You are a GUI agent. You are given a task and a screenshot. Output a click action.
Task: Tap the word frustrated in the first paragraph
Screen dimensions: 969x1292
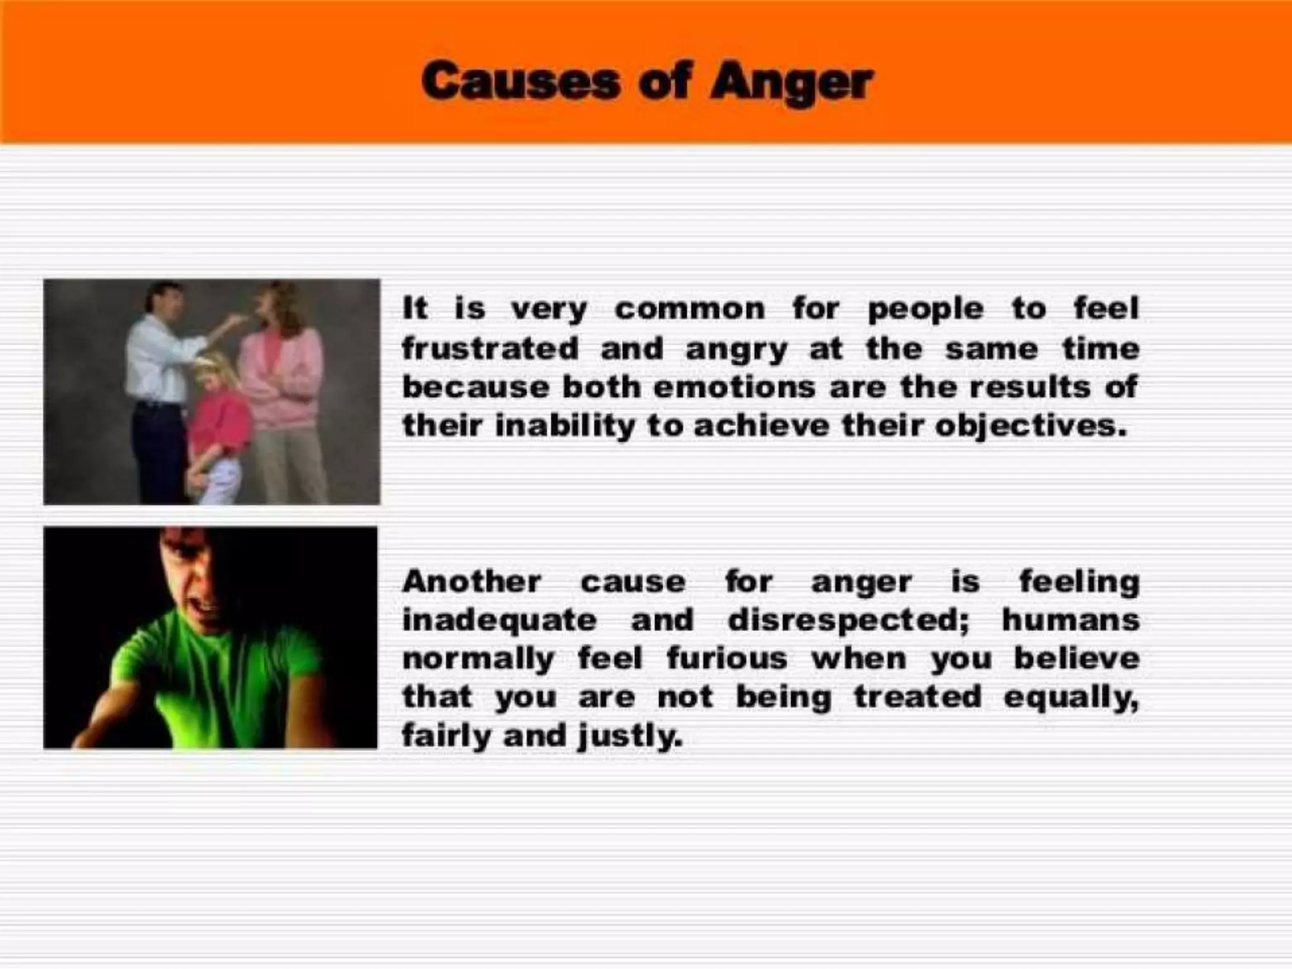click(x=490, y=348)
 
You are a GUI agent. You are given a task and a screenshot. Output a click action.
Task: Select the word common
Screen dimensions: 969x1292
click(x=690, y=309)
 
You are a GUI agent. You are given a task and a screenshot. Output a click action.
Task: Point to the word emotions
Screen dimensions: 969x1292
click(x=734, y=387)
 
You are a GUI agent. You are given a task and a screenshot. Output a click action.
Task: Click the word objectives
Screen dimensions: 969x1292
click(x=1030, y=427)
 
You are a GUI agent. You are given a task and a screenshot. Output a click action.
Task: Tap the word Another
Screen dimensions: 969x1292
click(x=471, y=581)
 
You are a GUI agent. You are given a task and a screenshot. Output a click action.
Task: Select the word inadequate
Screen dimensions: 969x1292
click(x=499, y=620)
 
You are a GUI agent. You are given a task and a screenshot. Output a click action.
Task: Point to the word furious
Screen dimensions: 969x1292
click(x=727, y=659)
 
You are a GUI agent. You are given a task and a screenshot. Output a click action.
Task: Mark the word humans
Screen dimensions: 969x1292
click(x=1071, y=620)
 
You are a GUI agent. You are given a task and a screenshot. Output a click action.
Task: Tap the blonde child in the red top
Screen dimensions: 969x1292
click(x=218, y=416)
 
